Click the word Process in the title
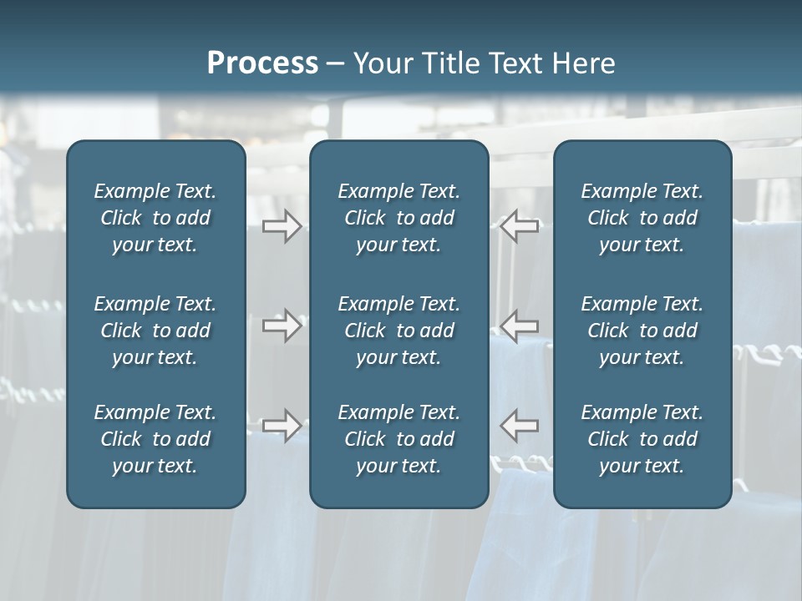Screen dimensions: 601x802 tap(262, 63)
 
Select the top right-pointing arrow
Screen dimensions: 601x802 tap(282, 226)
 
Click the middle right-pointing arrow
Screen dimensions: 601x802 tap(282, 325)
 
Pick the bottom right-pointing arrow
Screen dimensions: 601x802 tap(282, 425)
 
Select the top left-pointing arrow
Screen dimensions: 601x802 tap(520, 226)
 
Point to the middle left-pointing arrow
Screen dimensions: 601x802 tap(520, 325)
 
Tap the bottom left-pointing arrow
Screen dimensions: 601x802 tap(520, 425)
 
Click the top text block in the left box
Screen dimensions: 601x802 tap(155, 218)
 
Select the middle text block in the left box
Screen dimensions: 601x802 tap(155, 331)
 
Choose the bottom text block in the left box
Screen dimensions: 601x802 tap(155, 439)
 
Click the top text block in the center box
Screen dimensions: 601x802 tap(398, 218)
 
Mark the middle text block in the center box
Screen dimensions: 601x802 tap(398, 331)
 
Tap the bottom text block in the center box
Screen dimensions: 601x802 tap(398, 439)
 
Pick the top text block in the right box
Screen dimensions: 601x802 tap(642, 218)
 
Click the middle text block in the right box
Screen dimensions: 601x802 tap(642, 331)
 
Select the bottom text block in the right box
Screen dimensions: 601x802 tap(642, 439)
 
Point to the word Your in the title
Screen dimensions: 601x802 tap(379, 63)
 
